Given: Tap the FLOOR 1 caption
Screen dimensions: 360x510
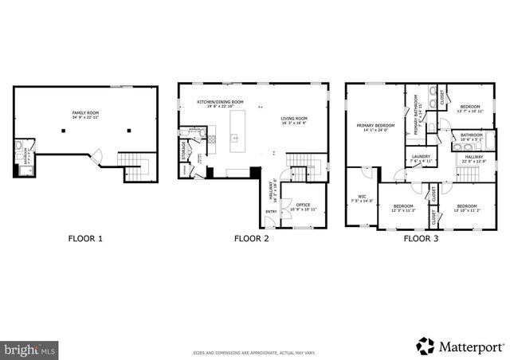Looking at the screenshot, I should [84, 238].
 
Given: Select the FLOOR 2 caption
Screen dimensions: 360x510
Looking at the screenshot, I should [251, 238].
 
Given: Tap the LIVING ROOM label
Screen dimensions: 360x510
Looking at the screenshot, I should [293, 120].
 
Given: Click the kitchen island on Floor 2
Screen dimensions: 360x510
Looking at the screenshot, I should [235, 131].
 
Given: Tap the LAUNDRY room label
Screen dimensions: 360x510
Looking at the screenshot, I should [421, 158].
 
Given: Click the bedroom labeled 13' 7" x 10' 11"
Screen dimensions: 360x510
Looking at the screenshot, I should [469, 108].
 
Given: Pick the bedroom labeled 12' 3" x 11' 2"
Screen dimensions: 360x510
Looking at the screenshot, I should [403, 209].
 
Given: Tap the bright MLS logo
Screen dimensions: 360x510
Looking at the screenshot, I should [30, 348].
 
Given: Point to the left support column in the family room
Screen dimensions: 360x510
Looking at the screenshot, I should [64, 130].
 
